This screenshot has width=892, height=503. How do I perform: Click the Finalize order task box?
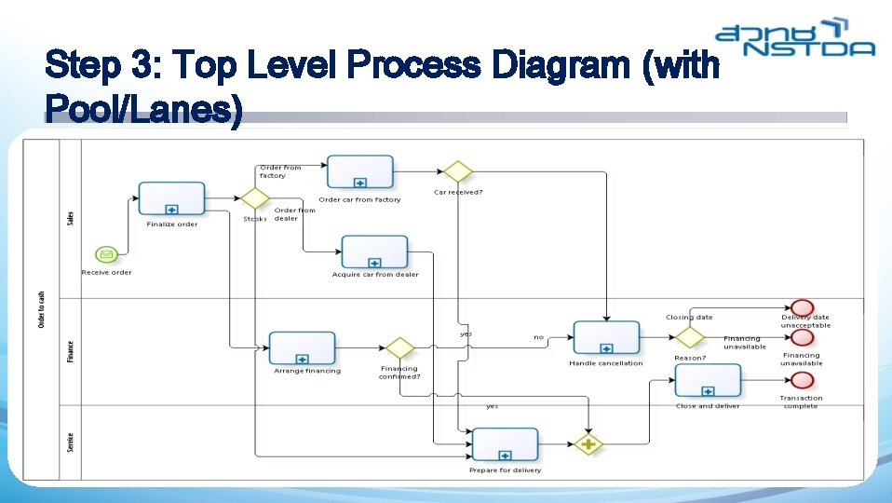point(171,198)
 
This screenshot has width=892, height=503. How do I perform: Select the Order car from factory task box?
point(359,171)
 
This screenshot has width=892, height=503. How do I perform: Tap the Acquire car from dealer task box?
point(374,251)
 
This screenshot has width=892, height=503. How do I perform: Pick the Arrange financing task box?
point(302,347)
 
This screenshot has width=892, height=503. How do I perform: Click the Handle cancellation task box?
point(606,337)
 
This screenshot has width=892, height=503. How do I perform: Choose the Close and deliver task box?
point(708,380)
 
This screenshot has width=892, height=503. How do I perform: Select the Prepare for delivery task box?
point(505,443)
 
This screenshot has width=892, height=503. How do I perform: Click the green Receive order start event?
point(105,254)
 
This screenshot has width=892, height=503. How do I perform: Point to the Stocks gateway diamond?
point(254,198)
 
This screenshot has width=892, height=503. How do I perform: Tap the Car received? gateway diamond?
point(457,171)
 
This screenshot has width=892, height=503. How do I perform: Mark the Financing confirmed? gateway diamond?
point(399,347)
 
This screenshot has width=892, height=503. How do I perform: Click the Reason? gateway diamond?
point(690,337)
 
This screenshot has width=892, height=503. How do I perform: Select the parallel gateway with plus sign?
point(588,444)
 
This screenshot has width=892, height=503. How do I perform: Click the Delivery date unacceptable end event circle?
point(801,307)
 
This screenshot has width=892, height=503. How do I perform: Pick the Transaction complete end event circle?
point(801,380)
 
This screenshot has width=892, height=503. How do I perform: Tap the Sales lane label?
point(71,217)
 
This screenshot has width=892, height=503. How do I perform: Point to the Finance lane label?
point(71,351)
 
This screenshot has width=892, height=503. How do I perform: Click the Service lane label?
point(71,442)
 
